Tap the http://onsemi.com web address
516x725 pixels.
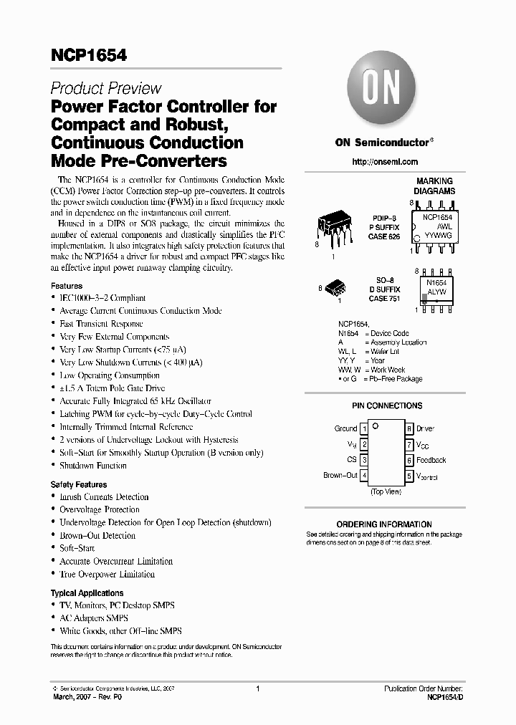tap(385, 162)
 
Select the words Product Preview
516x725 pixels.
tap(106, 89)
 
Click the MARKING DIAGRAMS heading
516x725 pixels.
tap(434, 186)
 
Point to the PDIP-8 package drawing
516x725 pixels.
tap(334, 229)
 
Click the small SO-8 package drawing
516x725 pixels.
tap(336, 289)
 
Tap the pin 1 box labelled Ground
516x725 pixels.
tap(364, 428)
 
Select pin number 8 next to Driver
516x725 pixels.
tap(408, 428)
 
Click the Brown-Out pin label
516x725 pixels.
tap(340, 475)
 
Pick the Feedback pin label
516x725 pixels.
tap(431, 460)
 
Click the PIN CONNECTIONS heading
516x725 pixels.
tap(387, 405)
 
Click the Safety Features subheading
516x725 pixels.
tap(79, 485)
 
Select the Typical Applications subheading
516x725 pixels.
tap(87, 593)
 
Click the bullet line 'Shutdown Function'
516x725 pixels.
tap(93, 466)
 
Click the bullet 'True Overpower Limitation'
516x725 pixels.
tap(107, 575)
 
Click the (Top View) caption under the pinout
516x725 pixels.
tap(386, 492)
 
